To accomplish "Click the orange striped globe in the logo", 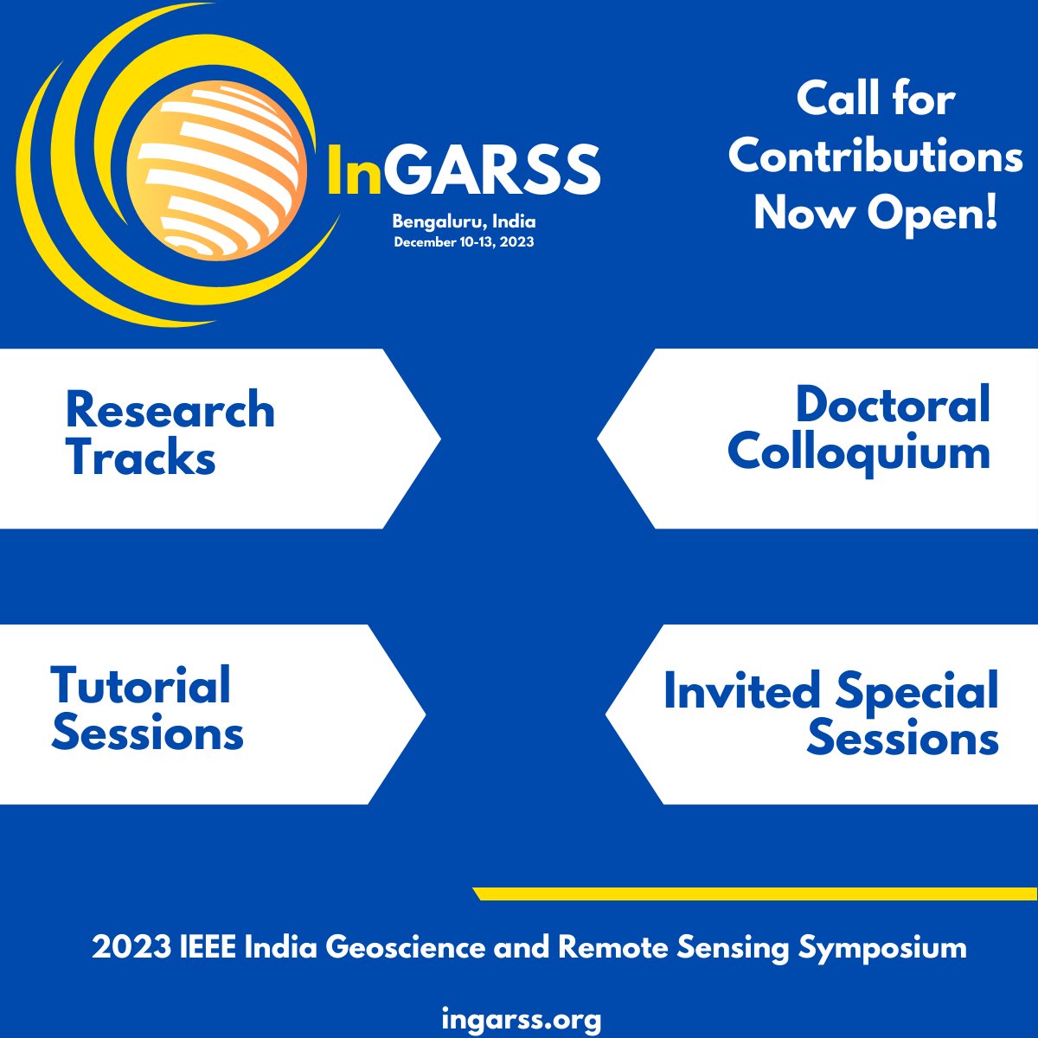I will [216, 170].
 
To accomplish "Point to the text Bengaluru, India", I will [464, 222].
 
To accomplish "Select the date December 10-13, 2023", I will [464, 242].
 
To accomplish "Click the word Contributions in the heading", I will [875, 156].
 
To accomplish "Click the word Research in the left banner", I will [170, 410].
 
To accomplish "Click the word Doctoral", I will [893, 405].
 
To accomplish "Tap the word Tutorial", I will [141, 685].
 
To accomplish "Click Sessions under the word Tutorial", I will [147, 733].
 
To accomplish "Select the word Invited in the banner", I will [741, 691].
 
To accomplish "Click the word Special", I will [917, 693].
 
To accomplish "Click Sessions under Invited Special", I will [903, 739].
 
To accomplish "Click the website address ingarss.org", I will [521, 1019].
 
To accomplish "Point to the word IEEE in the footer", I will [208, 948].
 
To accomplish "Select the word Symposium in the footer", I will [882, 948].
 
